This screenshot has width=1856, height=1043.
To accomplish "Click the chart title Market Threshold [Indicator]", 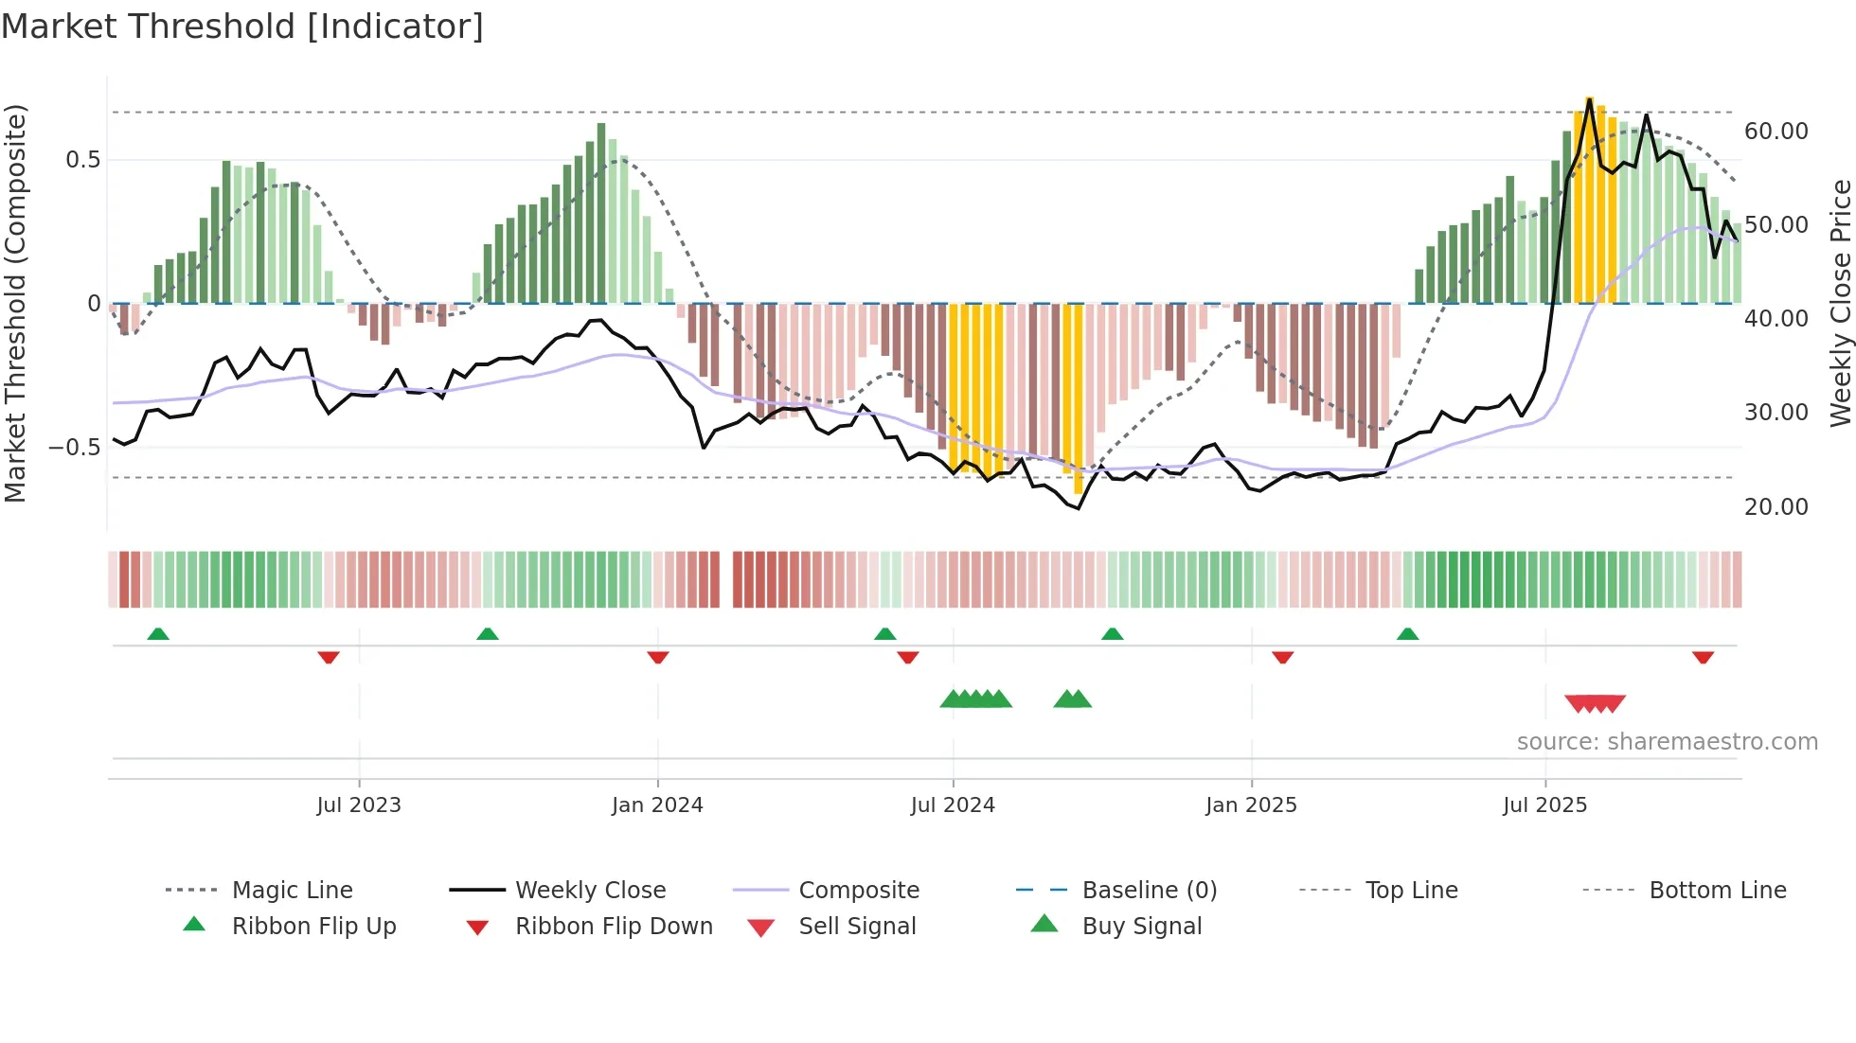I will pos(242,27).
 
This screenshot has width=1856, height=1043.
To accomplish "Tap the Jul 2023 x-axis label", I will pos(359,805).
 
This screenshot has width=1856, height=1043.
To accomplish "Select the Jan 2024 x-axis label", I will pos(657,805).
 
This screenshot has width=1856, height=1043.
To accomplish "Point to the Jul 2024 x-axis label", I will pos(953,805).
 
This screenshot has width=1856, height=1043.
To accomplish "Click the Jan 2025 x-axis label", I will pos(1251,805).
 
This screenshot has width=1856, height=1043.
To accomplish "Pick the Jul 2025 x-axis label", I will pos(1544,805).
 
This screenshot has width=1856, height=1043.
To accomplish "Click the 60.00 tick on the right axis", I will pos(1776,132).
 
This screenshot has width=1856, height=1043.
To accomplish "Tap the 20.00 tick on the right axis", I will pos(1776,507).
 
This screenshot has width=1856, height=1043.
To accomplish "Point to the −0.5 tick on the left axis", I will pos(75,448).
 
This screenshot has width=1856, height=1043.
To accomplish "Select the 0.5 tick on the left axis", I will pos(83,160).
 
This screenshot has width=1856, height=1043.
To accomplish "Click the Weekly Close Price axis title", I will pos(1840,303).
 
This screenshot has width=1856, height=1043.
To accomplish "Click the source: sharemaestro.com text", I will pos(1667,742).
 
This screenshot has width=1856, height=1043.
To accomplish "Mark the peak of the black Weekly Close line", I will pos(1590,98).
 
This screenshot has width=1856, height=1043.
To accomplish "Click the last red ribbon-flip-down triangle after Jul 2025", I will pos(1703,657).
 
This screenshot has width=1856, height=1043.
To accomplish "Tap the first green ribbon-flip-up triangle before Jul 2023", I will pos(158,634).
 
